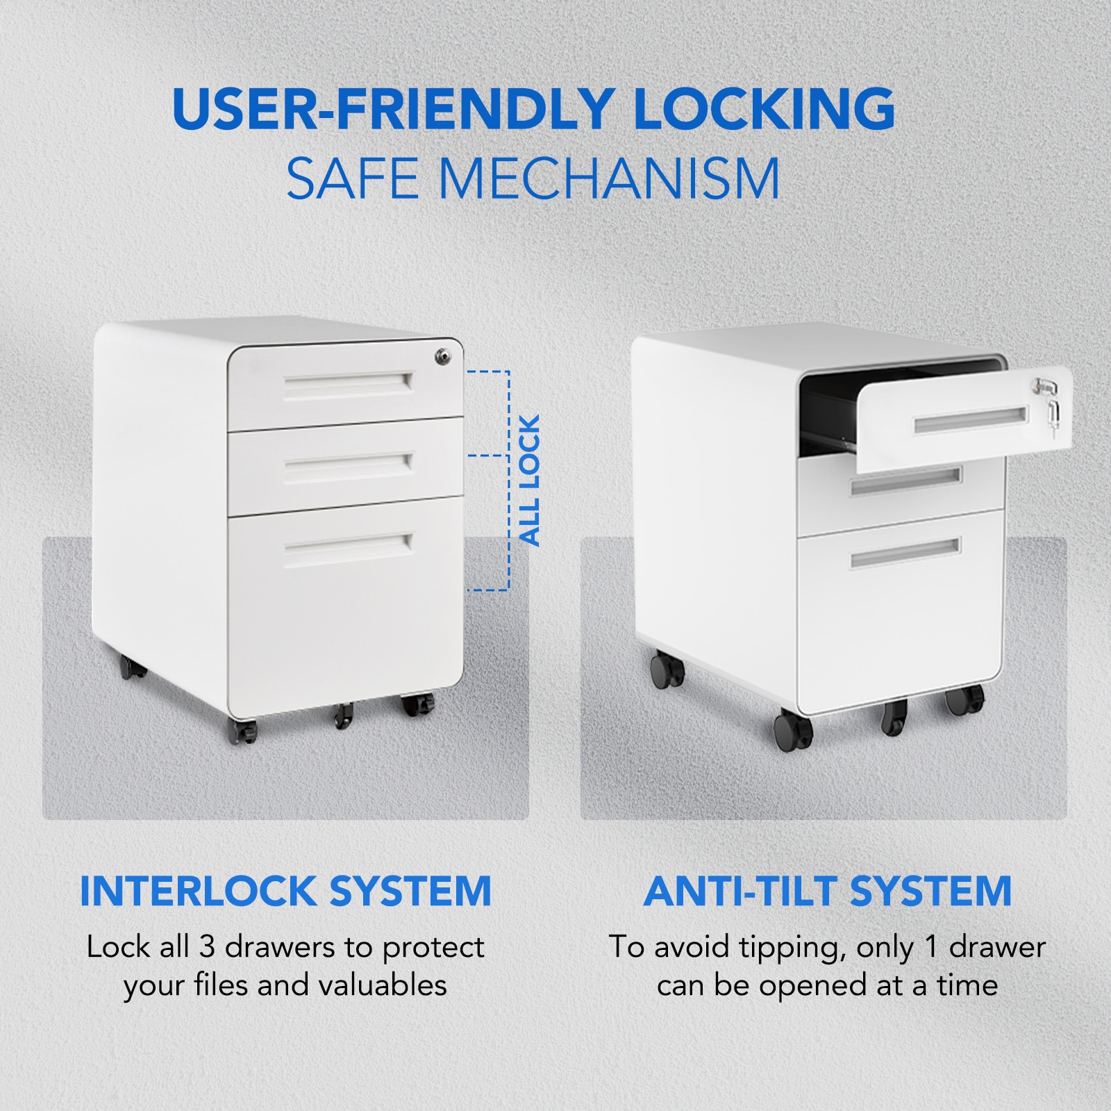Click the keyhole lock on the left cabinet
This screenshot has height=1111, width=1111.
click(442, 357)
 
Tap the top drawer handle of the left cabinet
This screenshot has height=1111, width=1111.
click(348, 385)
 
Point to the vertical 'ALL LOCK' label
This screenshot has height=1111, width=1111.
click(529, 481)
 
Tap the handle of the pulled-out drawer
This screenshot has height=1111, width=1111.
click(970, 419)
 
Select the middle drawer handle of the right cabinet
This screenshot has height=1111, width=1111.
click(906, 481)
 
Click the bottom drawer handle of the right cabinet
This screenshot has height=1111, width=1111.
click(905, 553)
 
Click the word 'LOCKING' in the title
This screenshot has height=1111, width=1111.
click(764, 108)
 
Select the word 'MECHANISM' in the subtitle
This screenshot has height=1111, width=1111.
click(609, 178)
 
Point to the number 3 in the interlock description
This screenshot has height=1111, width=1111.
click(208, 947)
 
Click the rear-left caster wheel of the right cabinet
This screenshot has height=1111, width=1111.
click(667, 669)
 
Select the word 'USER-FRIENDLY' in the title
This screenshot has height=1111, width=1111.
click(392, 108)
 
